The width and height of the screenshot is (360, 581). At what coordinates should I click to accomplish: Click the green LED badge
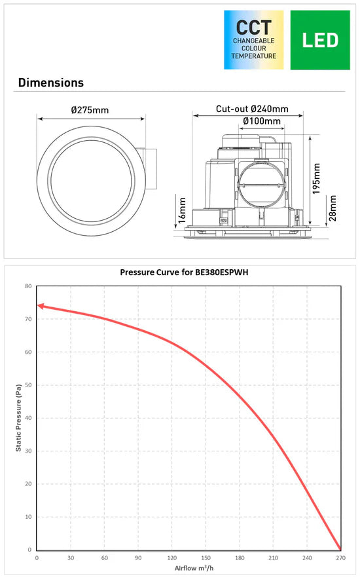pos(320,40)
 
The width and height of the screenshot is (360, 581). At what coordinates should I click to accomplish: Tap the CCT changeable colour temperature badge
pos(254,40)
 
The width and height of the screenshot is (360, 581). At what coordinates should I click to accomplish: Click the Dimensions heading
pos(51,83)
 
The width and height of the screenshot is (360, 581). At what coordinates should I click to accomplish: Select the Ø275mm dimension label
pos(90,110)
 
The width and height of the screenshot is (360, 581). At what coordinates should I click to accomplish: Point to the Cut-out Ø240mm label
pos(252,109)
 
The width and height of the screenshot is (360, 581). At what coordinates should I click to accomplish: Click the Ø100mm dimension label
pos(262,121)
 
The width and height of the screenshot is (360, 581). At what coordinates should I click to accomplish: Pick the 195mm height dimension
pos(316,179)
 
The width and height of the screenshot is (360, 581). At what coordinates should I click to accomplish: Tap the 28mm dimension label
pos(333,208)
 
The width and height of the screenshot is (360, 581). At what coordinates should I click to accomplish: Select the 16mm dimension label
pos(182,210)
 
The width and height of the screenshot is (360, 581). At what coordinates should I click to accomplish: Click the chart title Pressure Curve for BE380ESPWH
pos(184,272)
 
